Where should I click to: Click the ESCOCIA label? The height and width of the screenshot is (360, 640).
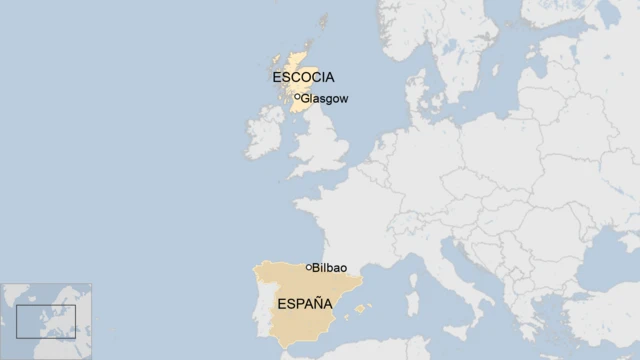click(303, 77)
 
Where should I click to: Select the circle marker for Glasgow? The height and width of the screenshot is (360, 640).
click(298, 97)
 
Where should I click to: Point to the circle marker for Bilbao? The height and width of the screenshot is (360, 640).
click(309, 267)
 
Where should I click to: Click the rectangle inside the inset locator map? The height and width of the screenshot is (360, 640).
click(45, 321)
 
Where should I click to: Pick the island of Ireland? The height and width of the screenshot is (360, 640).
click(266, 129)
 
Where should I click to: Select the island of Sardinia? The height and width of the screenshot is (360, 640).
click(412, 302)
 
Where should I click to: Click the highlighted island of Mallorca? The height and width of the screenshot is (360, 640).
click(358, 309)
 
